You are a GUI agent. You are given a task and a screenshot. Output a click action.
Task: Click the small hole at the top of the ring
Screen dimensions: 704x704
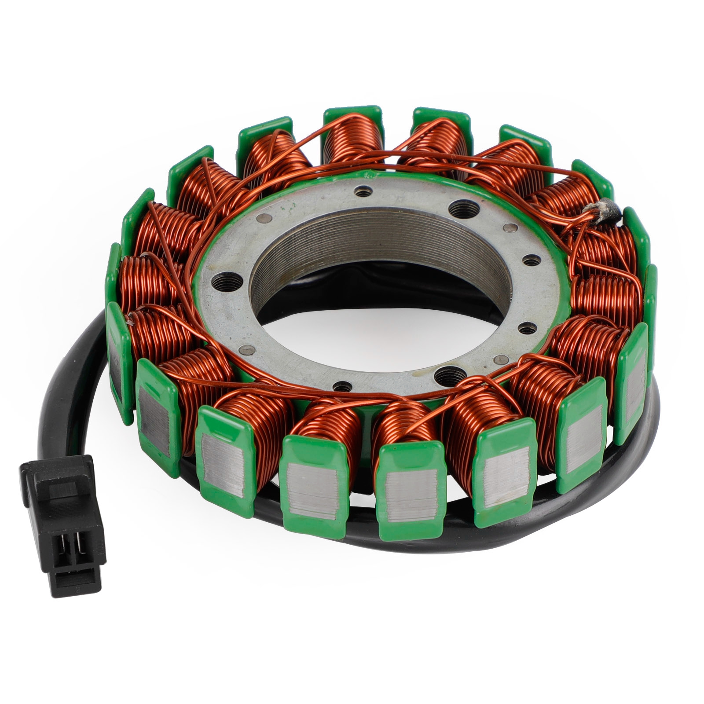coord(363,192)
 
